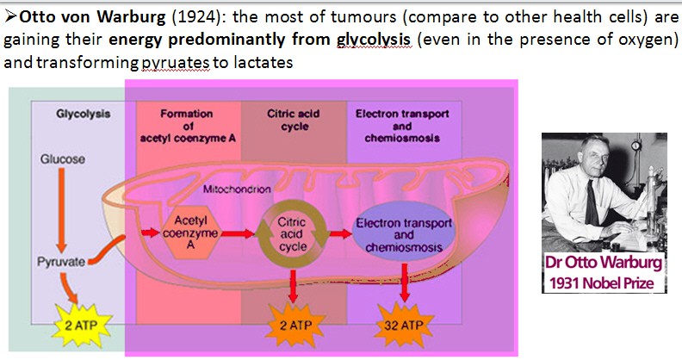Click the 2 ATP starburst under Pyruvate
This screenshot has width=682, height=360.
(x=80, y=326)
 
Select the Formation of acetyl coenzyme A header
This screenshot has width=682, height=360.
(x=188, y=126)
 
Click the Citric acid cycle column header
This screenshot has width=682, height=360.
(x=293, y=120)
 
